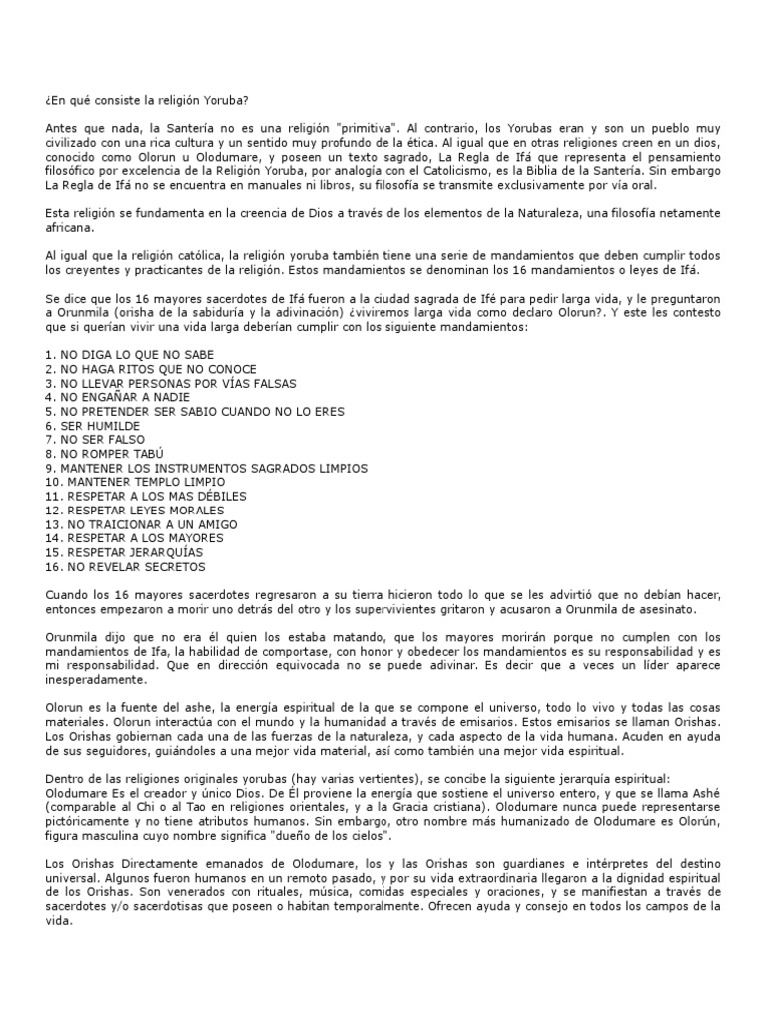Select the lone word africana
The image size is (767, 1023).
(69, 228)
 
